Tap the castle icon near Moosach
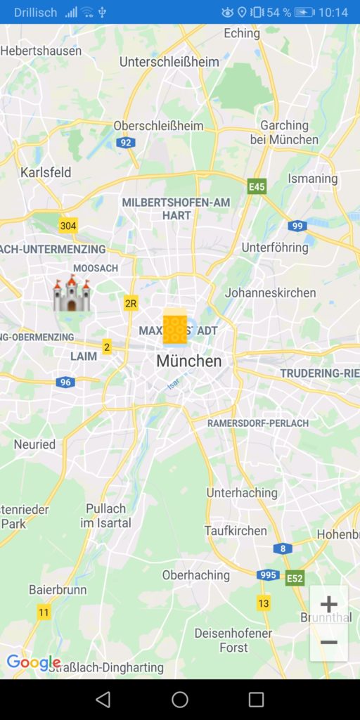coord(72,295)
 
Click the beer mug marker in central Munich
coord(174,328)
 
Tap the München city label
coord(188,361)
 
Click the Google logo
coord(32,662)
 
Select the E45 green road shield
coord(257,186)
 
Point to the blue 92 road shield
coord(126,143)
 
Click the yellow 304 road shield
coord(68,226)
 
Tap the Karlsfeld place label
coord(46,172)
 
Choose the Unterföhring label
coord(275,247)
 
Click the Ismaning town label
coord(313,178)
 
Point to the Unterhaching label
coord(242,492)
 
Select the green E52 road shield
coord(295,579)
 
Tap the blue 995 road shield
coord(267,574)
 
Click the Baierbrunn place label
coord(58,590)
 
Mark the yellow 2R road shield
coord(131,304)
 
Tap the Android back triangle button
coord(103,699)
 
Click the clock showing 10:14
coord(333,12)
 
